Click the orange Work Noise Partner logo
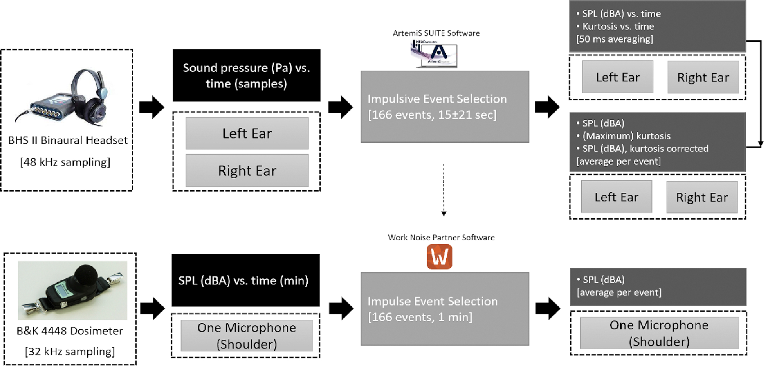(x=439, y=257)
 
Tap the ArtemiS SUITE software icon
(x=434, y=54)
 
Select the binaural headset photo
(x=64, y=96)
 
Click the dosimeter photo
(x=72, y=290)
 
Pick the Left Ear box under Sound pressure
(x=247, y=133)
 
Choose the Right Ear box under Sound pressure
(x=247, y=170)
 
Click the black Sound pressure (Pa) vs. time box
(x=247, y=75)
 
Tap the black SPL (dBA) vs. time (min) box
(x=246, y=280)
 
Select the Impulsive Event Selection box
(x=445, y=107)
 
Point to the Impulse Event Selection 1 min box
(x=445, y=309)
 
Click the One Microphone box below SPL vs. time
(x=247, y=335)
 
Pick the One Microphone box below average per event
(x=659, y=333)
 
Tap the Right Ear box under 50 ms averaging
(x=703, y=77)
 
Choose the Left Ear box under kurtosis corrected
(x=616, y=197)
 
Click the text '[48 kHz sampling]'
(x=65, y=162)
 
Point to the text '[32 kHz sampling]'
(x=70, y=351)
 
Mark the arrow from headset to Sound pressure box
(x=152, y=107)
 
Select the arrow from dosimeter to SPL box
(x=152, y=309)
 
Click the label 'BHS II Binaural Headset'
(x=68, y=140)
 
